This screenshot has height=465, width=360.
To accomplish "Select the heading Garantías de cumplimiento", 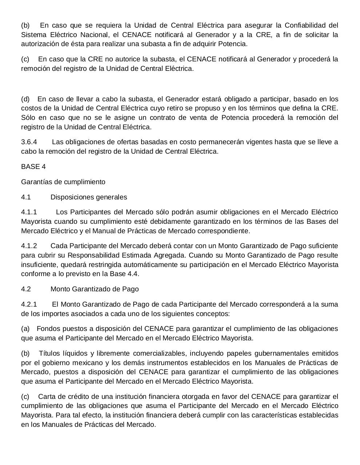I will (63, 182).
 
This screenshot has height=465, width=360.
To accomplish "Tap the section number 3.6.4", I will (29, 142).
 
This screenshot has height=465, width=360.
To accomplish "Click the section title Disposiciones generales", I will (89, 197).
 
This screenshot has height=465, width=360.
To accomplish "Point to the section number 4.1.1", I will (29, 212).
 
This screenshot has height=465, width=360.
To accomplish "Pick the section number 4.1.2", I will (29, 246).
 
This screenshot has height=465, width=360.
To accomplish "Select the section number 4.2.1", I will (29, 304).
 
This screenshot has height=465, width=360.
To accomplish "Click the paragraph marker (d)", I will (25, 99).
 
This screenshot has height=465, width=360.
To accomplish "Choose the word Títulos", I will (49, 353).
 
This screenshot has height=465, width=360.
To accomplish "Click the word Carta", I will (46, 396).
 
